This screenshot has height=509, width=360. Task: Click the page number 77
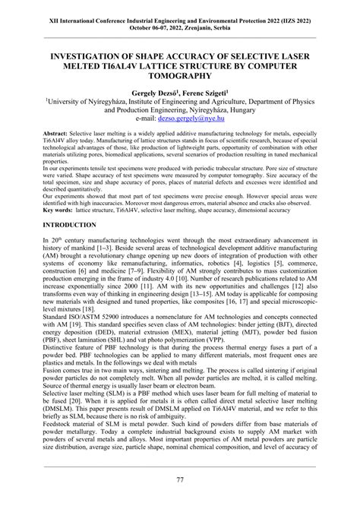pyautogui.click(x=180, y=479)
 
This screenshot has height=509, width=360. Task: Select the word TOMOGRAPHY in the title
pyautogui.click(x=180, y=77)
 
